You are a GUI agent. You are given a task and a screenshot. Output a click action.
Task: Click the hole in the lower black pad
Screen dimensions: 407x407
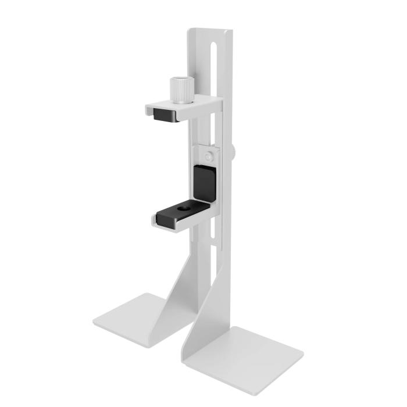185,207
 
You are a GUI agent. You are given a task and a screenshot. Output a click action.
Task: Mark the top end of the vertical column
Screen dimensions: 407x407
210,30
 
